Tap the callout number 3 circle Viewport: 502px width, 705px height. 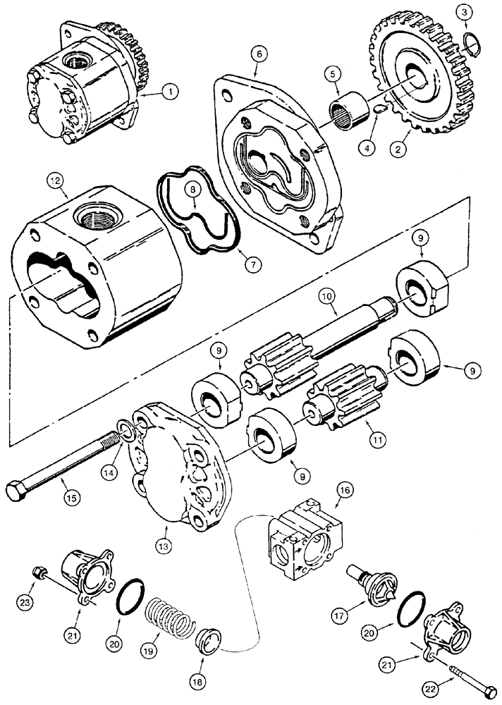point(463,11)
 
